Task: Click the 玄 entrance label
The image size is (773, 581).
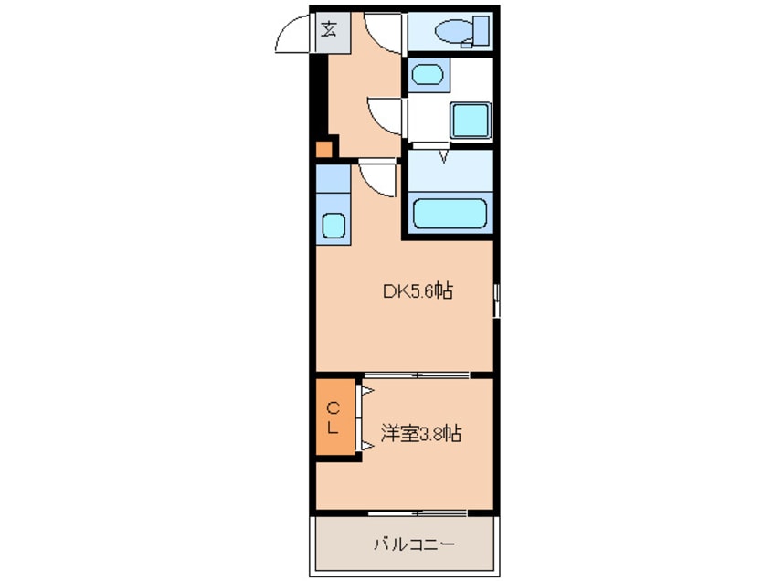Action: point(328,28)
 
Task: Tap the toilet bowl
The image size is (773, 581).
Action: point(454,33)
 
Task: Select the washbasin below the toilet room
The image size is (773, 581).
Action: point(426,72)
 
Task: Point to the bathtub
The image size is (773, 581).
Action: point(449,213)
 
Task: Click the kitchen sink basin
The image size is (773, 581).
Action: point(333,225)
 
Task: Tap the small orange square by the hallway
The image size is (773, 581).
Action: point(323,150)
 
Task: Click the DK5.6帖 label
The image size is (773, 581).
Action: point(418,291)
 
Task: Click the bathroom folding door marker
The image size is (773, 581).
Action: point(444,156)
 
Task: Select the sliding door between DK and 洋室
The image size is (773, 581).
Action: point(416,375)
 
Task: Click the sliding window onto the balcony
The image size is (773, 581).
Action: point(416,512)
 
